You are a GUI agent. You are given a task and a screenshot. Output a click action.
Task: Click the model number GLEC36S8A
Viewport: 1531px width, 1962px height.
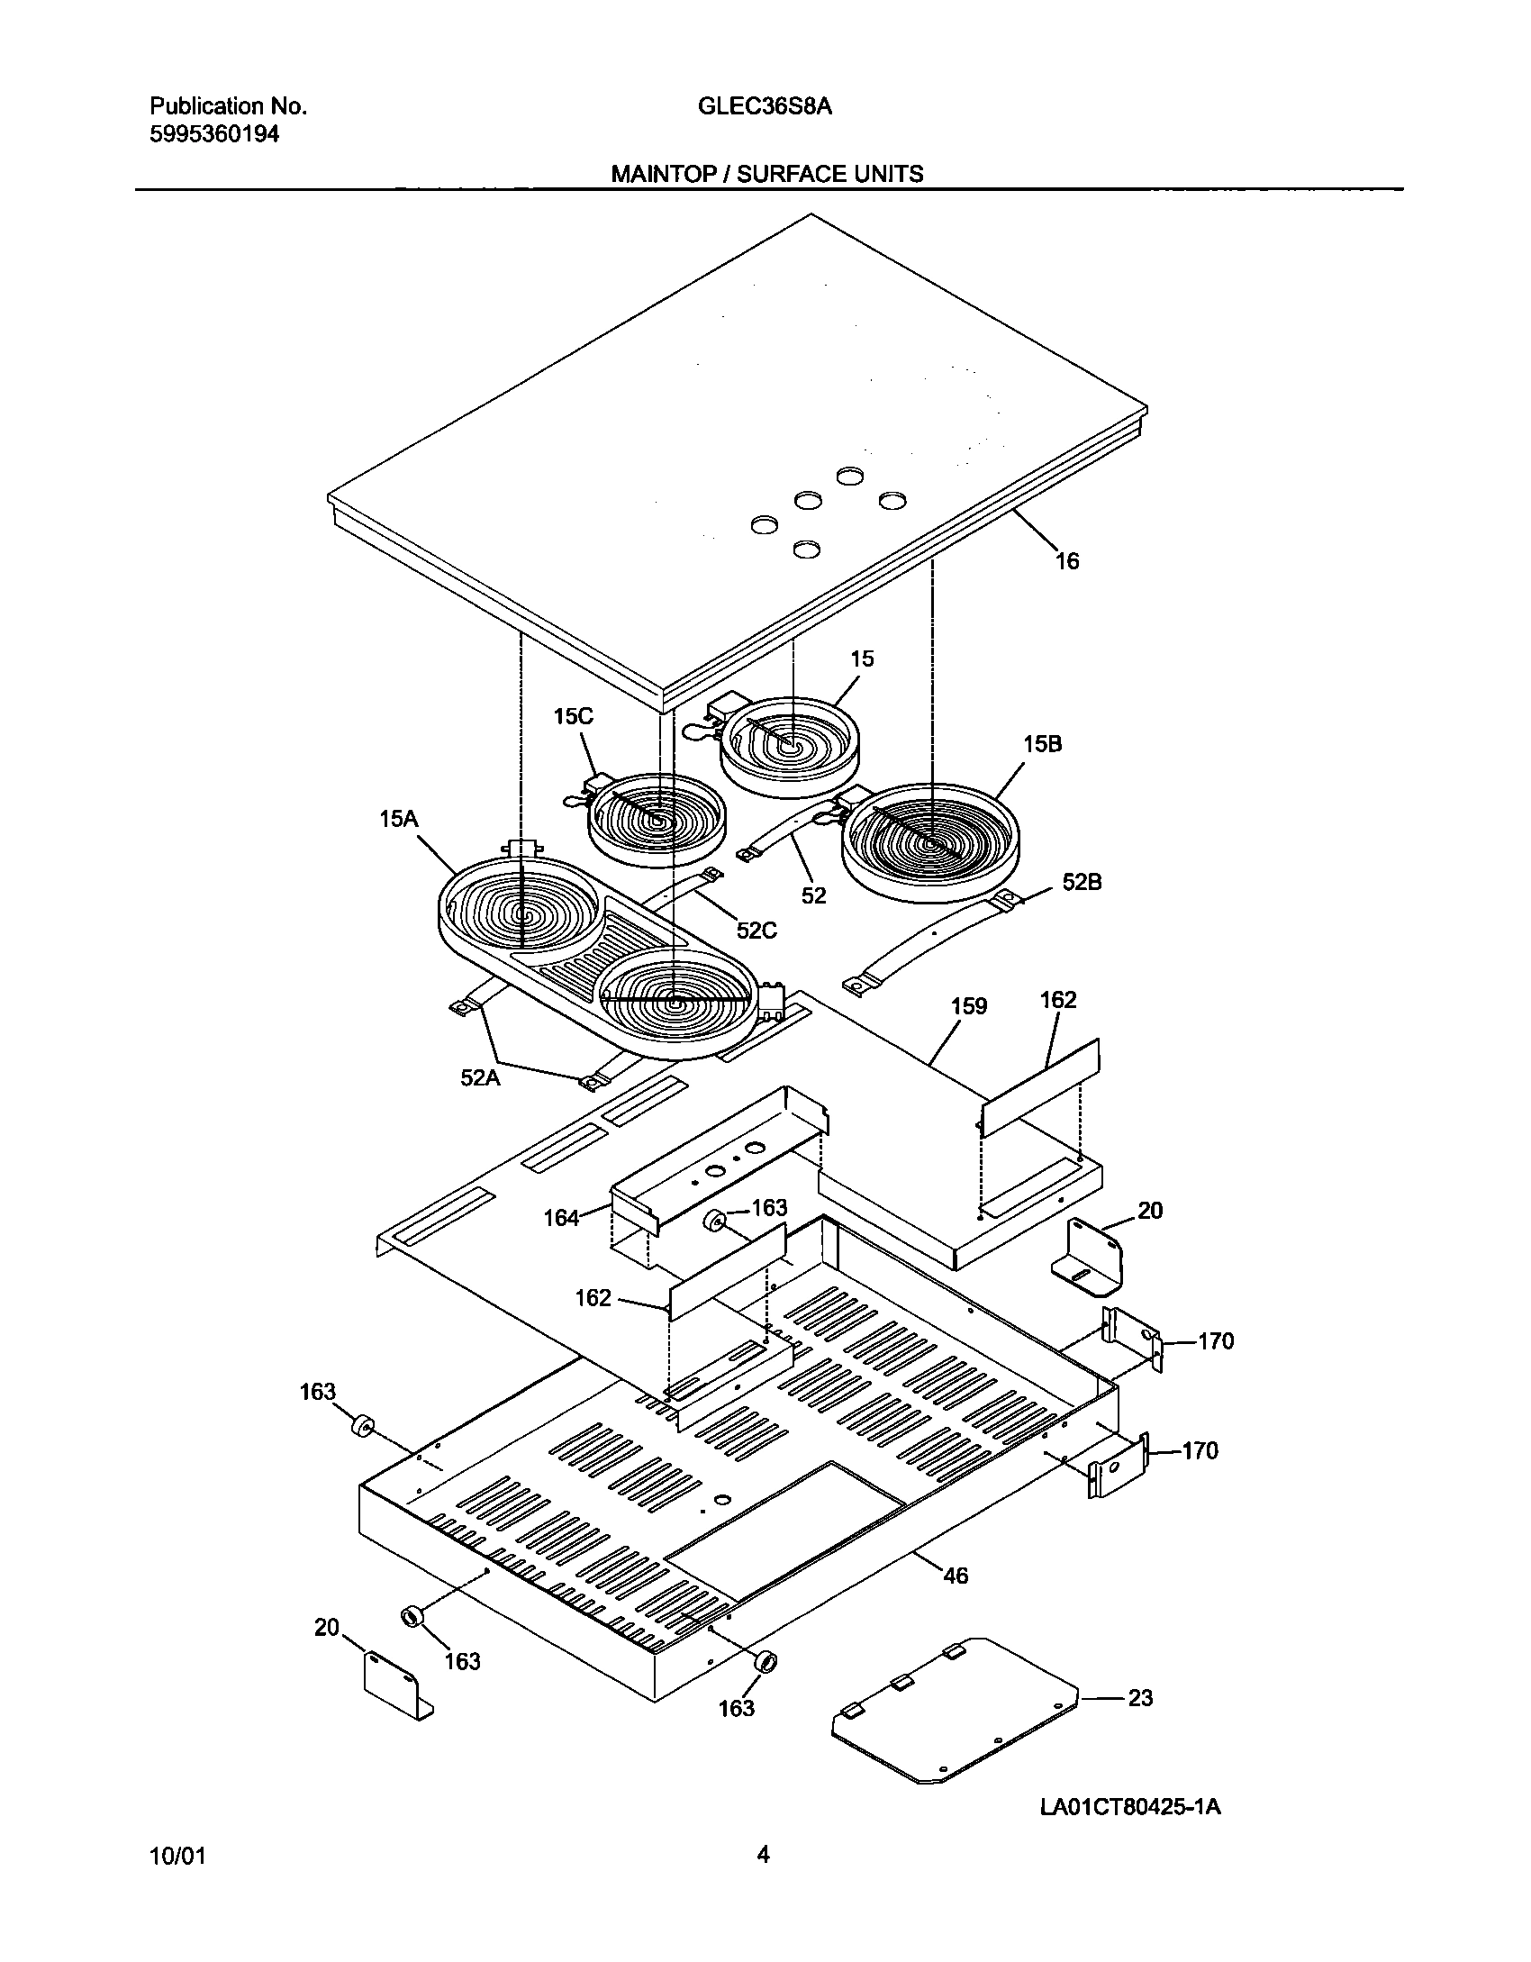[x=765, y=106]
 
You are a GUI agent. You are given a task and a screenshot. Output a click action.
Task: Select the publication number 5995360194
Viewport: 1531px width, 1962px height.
[x=214, y=134]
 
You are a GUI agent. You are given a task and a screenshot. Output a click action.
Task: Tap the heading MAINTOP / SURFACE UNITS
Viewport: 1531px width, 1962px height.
[x=767, y=174]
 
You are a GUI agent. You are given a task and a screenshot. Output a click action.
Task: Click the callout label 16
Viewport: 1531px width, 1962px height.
[x=1066, y=561]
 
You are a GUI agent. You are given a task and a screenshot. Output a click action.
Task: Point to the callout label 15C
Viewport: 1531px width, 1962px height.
[x=574, y=717]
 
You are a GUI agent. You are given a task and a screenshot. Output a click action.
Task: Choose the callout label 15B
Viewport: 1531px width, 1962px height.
[x=1042, y=744]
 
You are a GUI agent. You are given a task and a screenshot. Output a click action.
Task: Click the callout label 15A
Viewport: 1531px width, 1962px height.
[x=399, y=819]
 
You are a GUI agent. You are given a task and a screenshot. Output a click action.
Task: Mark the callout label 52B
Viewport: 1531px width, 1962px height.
[x=1082, y=882]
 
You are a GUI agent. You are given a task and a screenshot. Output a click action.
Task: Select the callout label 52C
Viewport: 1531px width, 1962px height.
[x=756, y=931]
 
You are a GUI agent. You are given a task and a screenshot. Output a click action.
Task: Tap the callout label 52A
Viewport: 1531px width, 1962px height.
[x=480, y=1076]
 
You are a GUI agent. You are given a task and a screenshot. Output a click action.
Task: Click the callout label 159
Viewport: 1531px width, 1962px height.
[x=969, y=1006]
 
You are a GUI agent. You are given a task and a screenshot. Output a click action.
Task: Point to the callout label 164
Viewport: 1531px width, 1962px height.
[x=561, y=1218]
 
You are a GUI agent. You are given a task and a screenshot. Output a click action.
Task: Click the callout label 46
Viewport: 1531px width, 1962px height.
[x=955, y=1575]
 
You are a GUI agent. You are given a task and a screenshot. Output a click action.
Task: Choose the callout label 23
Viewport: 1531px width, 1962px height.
[x=1140, y=1697]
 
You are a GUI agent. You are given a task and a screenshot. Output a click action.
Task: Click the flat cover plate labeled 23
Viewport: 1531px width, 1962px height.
[x=955, y=1712]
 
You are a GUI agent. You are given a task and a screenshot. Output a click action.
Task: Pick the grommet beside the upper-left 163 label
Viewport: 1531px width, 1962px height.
[x=362, y=1427]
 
